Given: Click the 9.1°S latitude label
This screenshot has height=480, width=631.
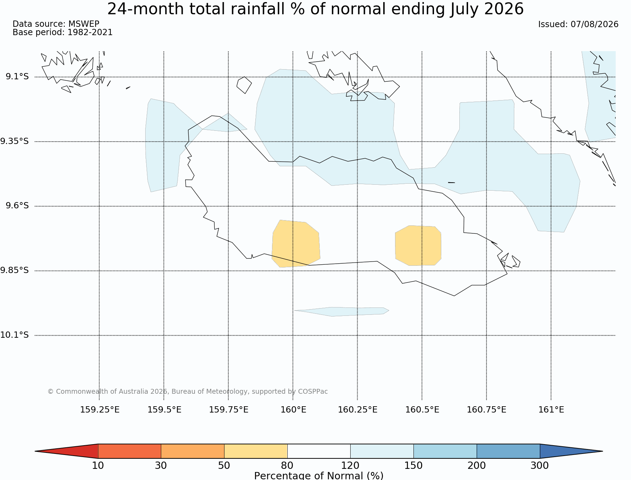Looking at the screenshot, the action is coord(17,77).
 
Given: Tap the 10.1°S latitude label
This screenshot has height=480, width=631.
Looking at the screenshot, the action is coord(14,335).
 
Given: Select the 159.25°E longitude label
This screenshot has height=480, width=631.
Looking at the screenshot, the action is coord(100,410).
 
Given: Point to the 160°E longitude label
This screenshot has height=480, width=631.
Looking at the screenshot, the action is coord(293,410).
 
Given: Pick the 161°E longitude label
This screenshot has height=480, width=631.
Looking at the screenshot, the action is coord(551,410).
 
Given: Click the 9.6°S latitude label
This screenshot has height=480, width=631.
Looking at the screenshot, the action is coord(17,206).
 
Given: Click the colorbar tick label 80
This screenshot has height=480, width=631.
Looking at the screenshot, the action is coord(287,465).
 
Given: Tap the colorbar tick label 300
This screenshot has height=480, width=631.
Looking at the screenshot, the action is coord(540,465).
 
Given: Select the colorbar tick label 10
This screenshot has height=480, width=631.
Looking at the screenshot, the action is coord(98,465).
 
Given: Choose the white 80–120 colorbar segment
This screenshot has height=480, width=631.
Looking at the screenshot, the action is coord(319,451).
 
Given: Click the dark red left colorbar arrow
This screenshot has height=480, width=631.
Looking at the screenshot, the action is coord(66,451).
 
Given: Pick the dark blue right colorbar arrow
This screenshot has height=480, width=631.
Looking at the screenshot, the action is coord(571,451).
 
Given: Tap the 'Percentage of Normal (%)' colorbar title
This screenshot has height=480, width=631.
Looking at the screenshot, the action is coord(319,475).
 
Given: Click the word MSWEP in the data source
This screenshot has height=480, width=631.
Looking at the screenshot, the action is coord(84,24).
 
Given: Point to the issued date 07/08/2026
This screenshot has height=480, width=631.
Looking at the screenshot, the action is coord(595,24).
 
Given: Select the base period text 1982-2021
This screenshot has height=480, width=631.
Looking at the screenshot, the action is coord(90,32).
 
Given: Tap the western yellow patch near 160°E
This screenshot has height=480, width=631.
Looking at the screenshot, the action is coord(296,243).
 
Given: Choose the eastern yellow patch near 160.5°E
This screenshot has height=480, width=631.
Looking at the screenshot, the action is coord(418,246).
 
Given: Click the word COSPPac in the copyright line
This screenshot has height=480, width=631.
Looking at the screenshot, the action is coord(313,391).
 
